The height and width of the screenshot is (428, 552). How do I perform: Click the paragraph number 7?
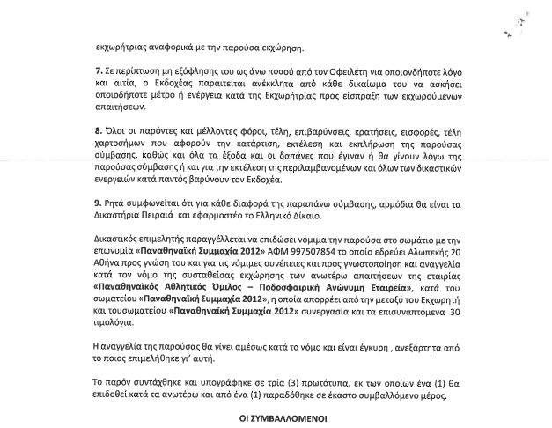coord(99,69)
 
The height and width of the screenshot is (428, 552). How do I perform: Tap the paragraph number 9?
coord(99,202)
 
